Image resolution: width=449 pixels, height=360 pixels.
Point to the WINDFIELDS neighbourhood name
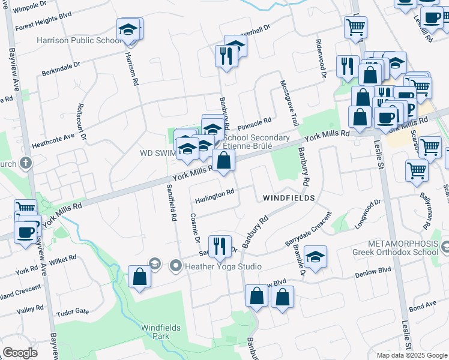click(288, 197)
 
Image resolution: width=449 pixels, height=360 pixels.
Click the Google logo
click(20, 352)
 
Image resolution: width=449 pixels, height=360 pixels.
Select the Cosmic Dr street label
click(194, 229)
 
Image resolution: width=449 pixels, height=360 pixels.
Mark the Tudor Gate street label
click(73, 313)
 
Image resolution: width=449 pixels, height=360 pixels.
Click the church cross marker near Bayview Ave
click(25, 163)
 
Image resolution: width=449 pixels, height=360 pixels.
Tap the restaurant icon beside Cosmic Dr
click(220, 245)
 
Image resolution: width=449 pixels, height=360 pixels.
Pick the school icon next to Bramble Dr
click(315, 257)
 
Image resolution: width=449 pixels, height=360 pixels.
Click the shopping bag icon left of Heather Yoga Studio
click(139, 277)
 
